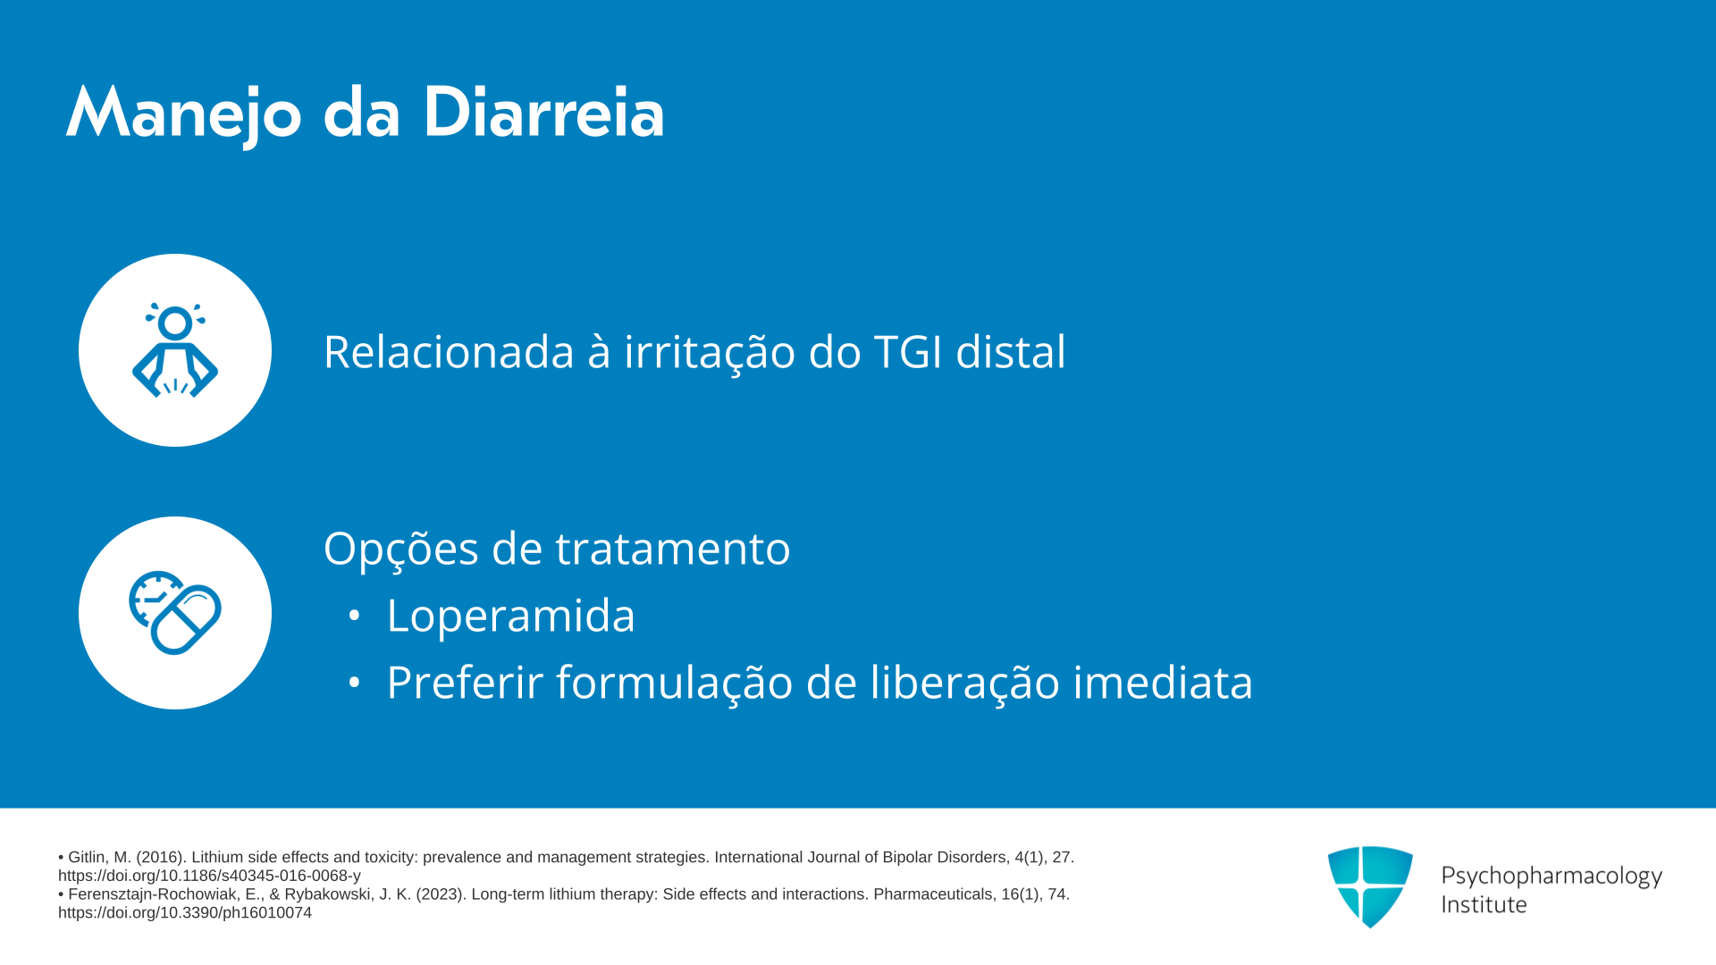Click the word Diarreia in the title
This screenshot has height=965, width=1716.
click(543, 113)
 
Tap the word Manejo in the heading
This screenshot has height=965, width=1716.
click(184, 116)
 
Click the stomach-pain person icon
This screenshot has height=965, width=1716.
click(175, 349)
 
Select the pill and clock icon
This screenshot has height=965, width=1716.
click(175, 613)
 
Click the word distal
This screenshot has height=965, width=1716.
click(1011, 351)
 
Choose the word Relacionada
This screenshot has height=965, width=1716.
click(449, 351)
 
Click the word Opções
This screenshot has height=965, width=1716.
click(401, 548)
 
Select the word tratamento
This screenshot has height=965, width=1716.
click(673, 549)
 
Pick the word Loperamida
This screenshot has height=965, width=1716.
click(510, 616)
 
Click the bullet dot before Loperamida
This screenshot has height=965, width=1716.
click(354, 615)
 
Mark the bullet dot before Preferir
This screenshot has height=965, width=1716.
click(354, 682)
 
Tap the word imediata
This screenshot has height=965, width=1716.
click(1163, 682)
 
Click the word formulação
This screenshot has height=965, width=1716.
click(675, 684)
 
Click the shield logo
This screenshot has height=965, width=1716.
click(1370, 886)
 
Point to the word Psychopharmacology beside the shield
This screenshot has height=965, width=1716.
click(1552, 877)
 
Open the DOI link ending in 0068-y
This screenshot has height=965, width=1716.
click(209, 876)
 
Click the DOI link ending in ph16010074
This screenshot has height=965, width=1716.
click(185, 912)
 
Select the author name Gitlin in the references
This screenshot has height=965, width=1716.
click(87, 857)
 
